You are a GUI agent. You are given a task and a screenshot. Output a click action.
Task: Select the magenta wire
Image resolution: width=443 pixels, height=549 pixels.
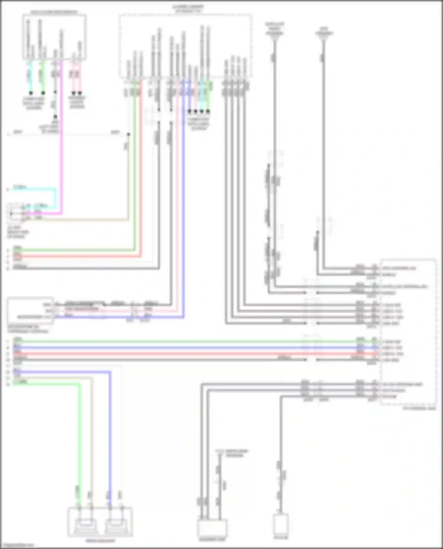click(61, 148)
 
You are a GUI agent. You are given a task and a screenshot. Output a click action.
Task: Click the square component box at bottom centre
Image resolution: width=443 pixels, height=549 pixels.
click(212, 528)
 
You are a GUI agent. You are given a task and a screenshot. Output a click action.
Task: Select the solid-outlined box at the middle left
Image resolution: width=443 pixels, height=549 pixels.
click(30, 311)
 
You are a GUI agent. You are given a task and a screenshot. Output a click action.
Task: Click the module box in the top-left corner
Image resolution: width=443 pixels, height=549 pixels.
click(54, 37)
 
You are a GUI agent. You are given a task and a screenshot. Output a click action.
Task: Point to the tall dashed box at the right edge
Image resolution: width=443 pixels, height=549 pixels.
click(409, 332)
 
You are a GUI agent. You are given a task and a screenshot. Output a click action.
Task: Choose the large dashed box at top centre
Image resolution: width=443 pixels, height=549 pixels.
click(185, 46)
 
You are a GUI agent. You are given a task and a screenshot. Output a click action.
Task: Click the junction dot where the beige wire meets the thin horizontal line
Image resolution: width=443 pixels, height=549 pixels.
click(128, 135)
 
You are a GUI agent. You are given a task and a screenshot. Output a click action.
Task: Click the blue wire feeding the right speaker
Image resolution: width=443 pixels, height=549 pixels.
click(110, 443)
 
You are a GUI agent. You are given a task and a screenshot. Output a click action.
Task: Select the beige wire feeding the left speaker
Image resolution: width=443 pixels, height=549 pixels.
click(92, 443)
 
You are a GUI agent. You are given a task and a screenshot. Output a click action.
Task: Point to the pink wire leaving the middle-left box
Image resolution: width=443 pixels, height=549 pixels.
click(118, 311)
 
